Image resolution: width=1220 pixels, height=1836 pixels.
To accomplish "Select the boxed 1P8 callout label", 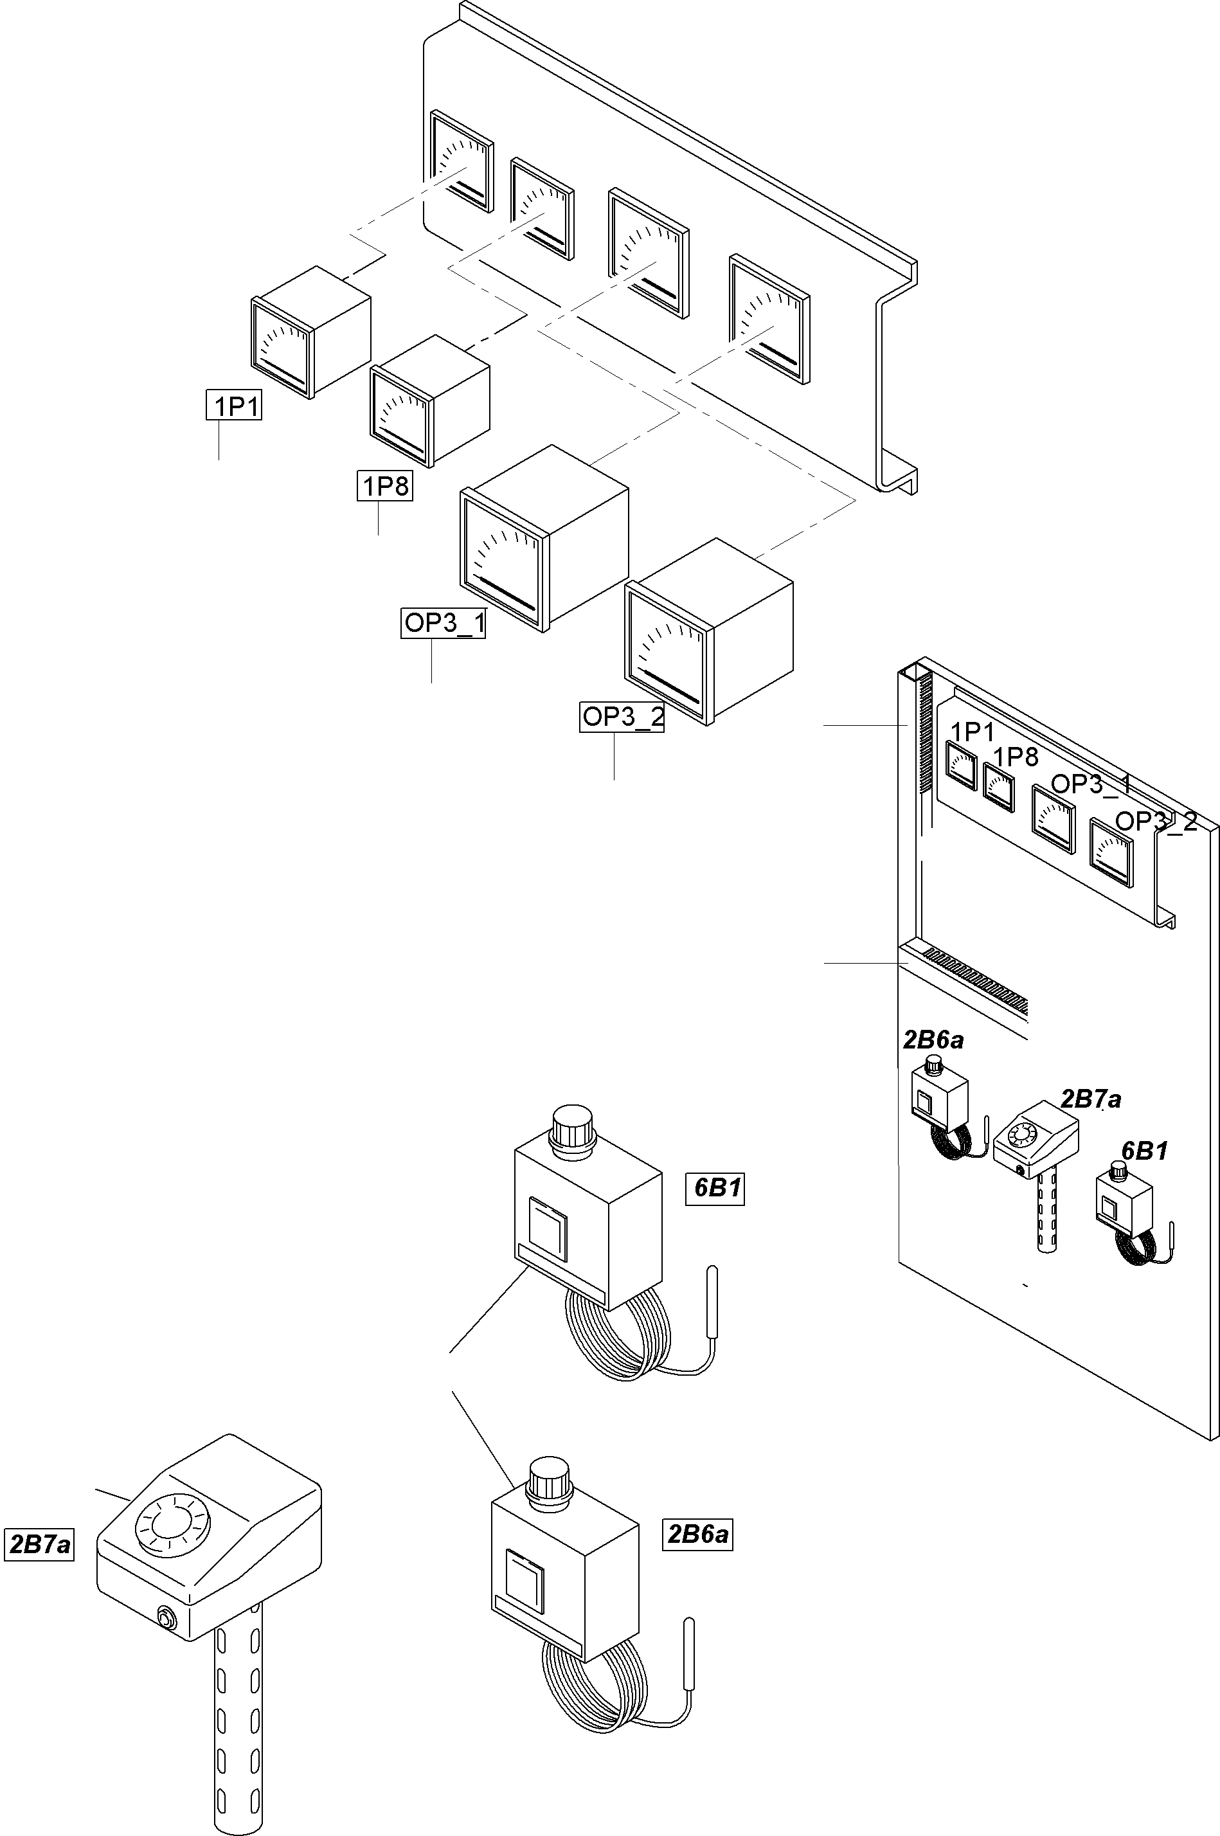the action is pyautogui.click(x=384, y=486).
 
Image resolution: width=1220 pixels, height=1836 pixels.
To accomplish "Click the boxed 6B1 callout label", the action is pyautogui.click(x=715, y=1189).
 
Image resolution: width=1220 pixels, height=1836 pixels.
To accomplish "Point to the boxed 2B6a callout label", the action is pyautogui.click(x=698, y=1533).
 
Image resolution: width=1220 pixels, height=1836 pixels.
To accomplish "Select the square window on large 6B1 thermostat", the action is pyautogui.click(x=548, y=1230).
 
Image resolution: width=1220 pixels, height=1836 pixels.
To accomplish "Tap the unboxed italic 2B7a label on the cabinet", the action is pyautogui.click(x=1091, y=1099).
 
